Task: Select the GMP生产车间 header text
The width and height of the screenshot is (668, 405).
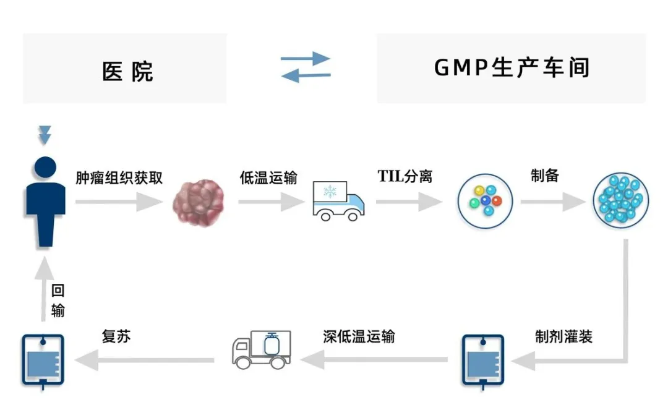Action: click(x=512, y=68)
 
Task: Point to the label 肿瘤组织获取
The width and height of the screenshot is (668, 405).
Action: click(x=119, y=178)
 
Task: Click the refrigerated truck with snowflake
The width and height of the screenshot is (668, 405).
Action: click(x=338, y=200)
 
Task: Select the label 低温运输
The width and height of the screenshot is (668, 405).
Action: click(x=268, y=178)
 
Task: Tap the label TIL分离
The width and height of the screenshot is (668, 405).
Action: click(x=405, y=177)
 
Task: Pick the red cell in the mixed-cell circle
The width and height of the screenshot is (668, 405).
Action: click(x=497, y=201)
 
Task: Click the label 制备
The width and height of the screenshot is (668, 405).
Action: click(x=544, y=176)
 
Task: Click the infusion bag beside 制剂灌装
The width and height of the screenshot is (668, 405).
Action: click(x=482, y=360)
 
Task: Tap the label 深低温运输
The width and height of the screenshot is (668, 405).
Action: click(x=359, y=337)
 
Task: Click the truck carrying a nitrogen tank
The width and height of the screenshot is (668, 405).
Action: click(x=261, y=351)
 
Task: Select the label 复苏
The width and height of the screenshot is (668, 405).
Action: click(x=116, y=337)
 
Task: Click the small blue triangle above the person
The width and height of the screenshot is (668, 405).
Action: click(x=45, y=134)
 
